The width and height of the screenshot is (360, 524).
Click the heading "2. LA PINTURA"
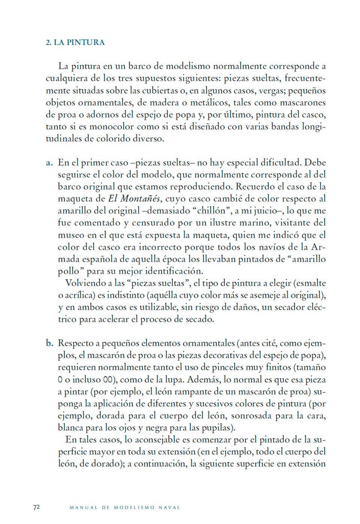(76, 42)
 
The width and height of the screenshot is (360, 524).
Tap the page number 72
(36, 507)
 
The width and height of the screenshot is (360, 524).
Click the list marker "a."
(50, 163)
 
